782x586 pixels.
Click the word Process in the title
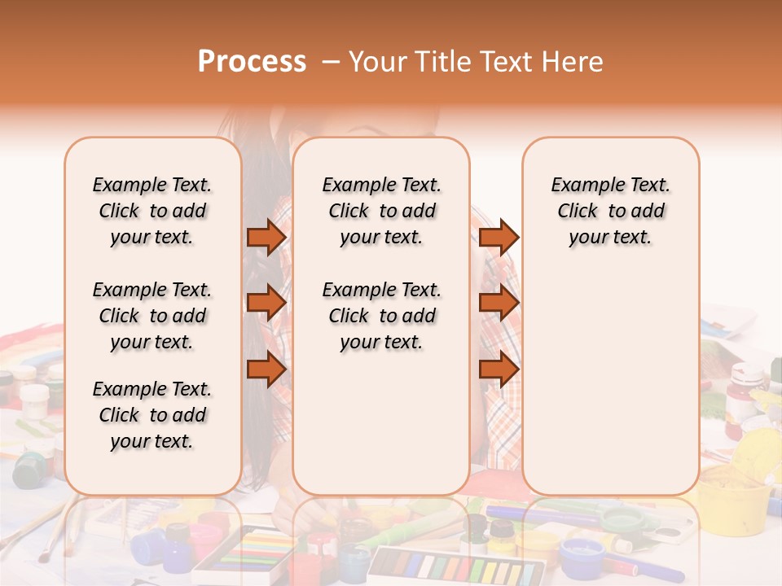[252, 62]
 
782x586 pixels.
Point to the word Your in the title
[375, 62]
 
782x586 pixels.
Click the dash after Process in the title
[330, 63]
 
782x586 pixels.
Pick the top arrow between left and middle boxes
[266, 237]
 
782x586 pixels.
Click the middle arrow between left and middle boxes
[266, 303]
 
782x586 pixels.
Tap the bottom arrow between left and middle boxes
[266, 368]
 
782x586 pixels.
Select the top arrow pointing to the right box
[499, 237]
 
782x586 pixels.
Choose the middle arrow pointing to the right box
[499, 303]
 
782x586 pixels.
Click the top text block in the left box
[152, 211]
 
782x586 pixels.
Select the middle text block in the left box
[152, 316]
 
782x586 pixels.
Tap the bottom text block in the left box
[152, 415]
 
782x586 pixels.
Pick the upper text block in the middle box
[381, 211]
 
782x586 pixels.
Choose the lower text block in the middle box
[381, 316]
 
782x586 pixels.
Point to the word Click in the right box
[578, 212]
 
